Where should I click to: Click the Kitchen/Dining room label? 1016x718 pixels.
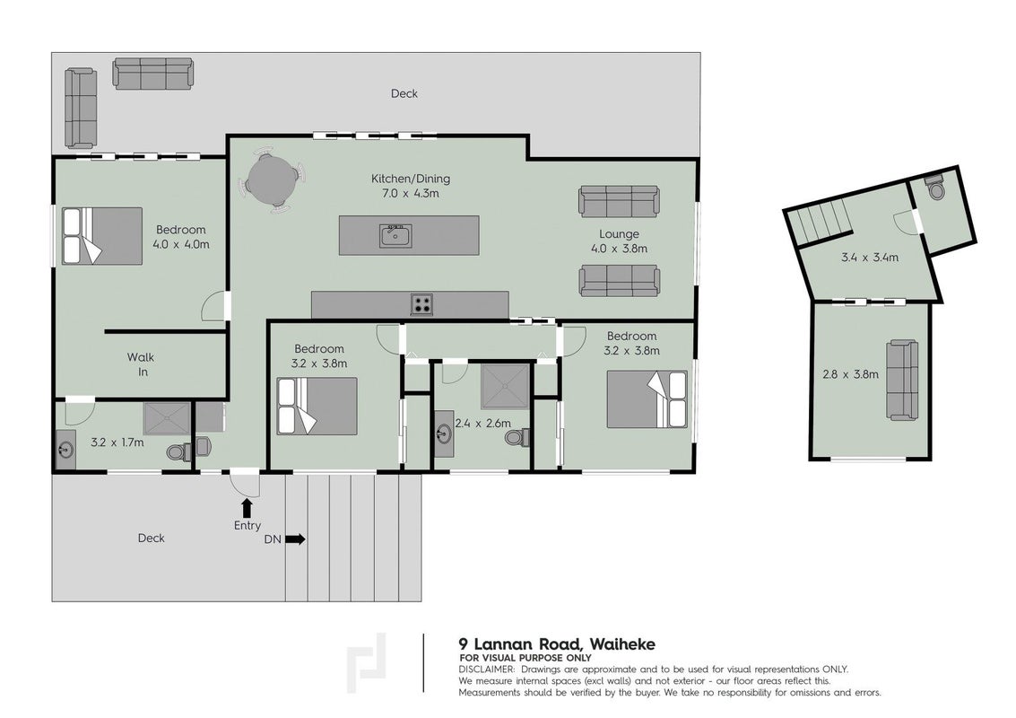pos(410,179)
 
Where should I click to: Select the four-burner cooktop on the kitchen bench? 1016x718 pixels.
pos(421,303)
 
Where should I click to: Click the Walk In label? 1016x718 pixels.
pos(141,364)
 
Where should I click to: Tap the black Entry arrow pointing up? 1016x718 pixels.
pos(247,507)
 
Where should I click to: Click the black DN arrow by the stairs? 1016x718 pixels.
pos(295,539)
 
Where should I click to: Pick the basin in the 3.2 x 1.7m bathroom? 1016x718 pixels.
pos(65,449)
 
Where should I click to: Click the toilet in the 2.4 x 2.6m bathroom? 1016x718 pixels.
pos(517,438)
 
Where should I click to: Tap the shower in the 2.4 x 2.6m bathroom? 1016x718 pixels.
pos(506,388)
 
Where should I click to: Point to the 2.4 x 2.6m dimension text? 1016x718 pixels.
pos(482,424)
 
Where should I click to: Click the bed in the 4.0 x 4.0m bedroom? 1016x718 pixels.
pos(101,235)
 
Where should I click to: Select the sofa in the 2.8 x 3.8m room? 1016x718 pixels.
pos(902,380)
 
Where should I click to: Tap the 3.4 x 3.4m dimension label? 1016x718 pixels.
pos(870,258)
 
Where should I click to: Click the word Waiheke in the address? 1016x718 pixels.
pos(622,644)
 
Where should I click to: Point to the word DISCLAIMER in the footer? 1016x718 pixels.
pos(487,670)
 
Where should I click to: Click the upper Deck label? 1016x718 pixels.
pos(404,93)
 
